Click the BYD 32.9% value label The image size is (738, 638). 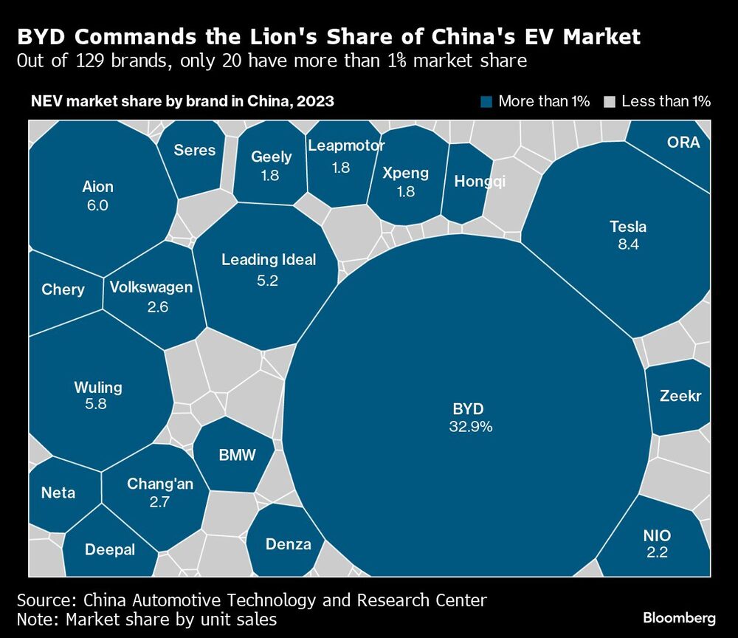(470, 426)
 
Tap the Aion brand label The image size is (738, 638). (97, 187)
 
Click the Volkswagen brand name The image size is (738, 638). (151, 287)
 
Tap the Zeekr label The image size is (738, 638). (680, 397)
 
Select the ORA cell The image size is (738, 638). (683, 143)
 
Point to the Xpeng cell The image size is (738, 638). (406, 181)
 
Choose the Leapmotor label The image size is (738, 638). (345, 145)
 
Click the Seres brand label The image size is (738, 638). (195, 151)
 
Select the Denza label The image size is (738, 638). (288, 544)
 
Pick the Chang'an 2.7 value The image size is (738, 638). (160, 502)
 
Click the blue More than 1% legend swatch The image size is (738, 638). (486, 102)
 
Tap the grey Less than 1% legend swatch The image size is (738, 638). (609, 102)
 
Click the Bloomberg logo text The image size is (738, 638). (679, 617)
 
